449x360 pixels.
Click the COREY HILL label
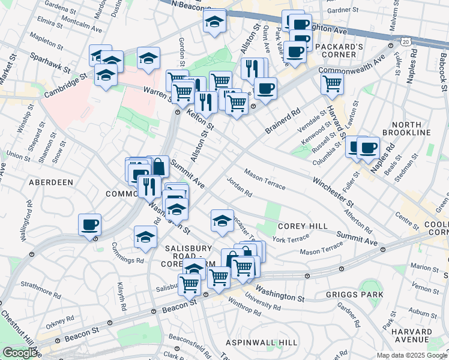click(302, 226)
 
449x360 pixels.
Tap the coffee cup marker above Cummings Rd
click(90, 225)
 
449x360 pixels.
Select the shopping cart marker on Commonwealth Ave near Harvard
click(332, 84)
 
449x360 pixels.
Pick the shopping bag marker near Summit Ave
click(158, 166)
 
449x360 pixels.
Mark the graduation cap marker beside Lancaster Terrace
click(222, 220)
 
